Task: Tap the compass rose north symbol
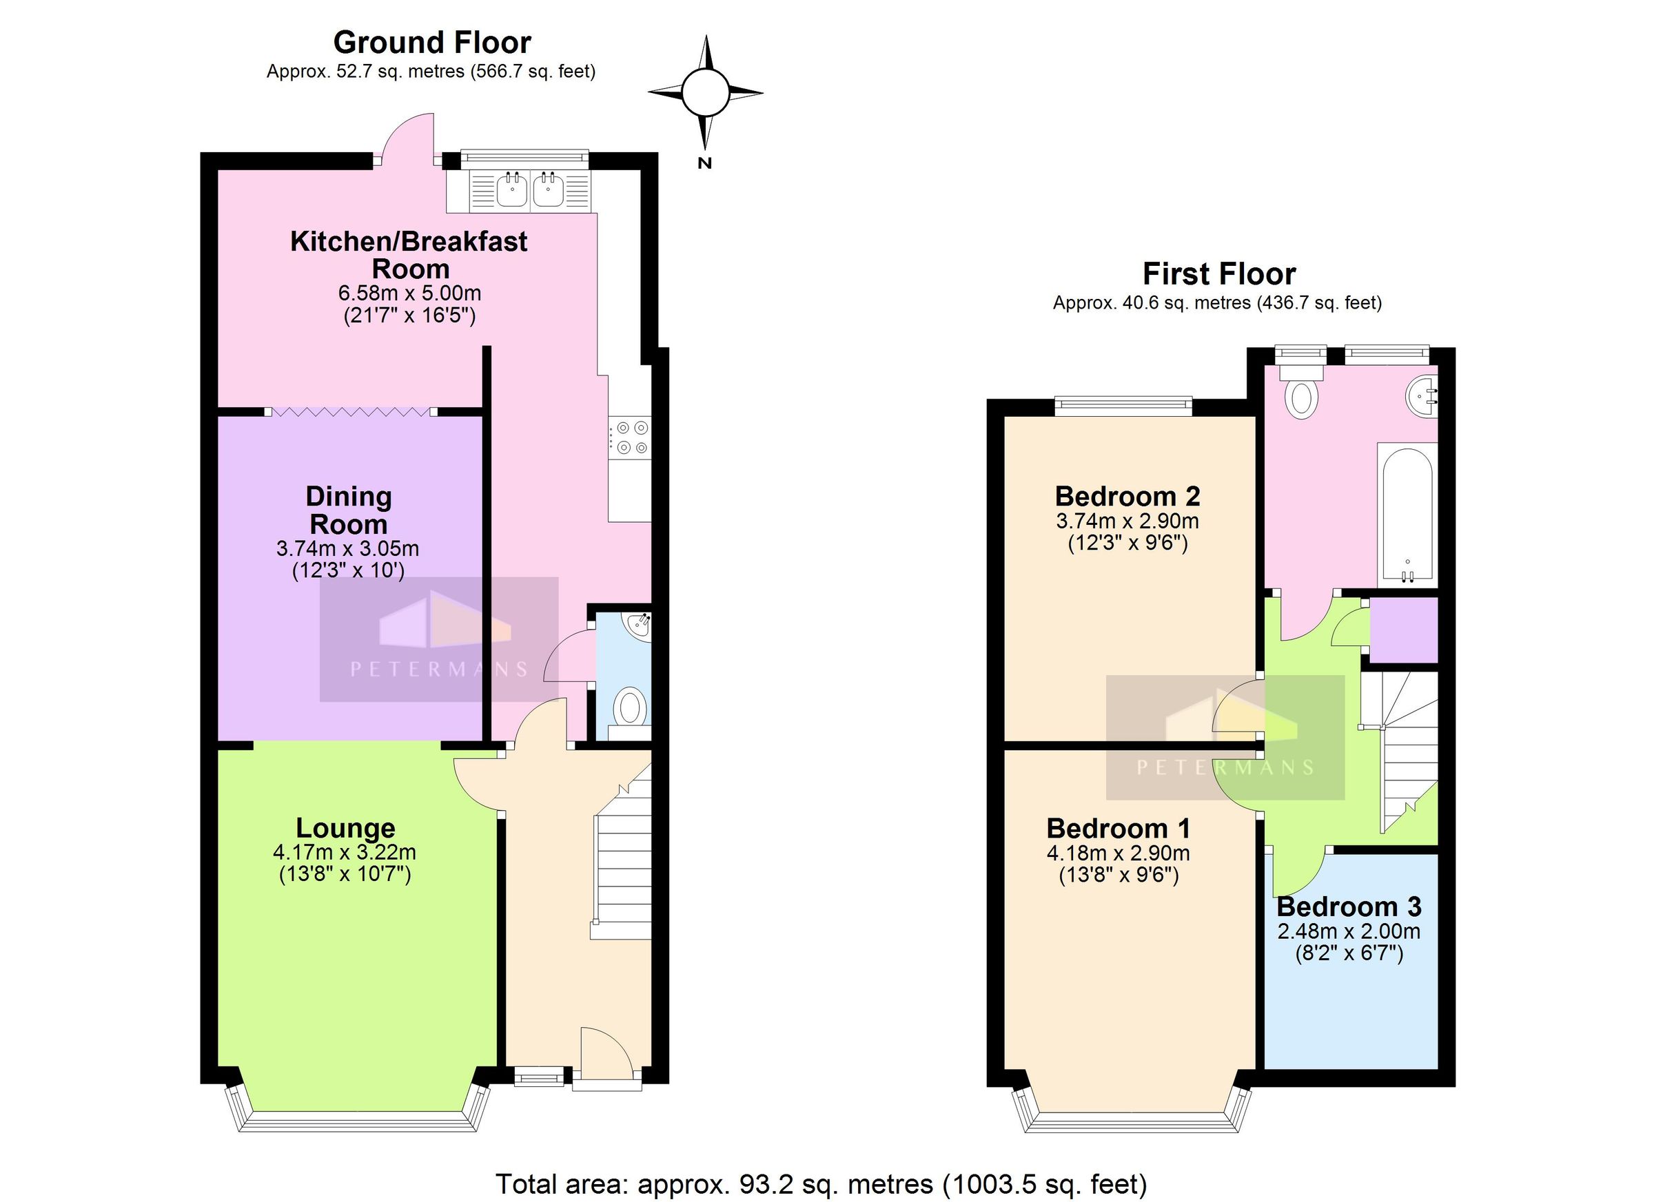click(x=704, y=92)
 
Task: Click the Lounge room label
click(x=346, y=829)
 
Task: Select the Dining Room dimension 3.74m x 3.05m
click(x=347, y=548)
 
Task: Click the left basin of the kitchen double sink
click(x=513, y=190)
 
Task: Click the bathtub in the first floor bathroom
click(x=1407, y=515)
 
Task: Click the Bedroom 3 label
click(x=1349, y=906)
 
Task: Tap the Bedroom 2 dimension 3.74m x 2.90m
click(x=1127, y=521)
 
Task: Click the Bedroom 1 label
click(x=1118, y=829)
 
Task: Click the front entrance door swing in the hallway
click(x=604, y=1051)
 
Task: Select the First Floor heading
click(x=1218, y=274)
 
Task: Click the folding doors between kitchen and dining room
click(x=351, y=412)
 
